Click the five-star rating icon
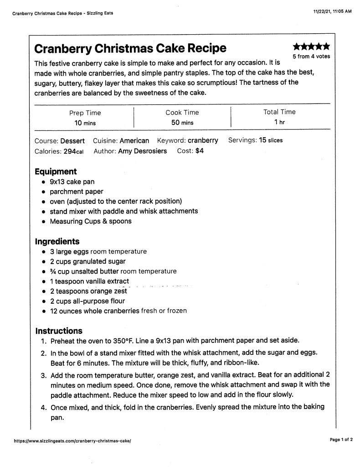(x=311, y=47)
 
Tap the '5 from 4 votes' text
(x=311, y=57)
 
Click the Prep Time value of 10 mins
(x=85, y=123)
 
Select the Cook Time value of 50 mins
(x=182, y=123)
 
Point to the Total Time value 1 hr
(x=279, y=122)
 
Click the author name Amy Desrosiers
(x=142, y=151)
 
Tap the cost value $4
(x=200, y=151)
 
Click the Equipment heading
(x=56, y=171)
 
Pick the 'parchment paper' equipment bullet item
(x=77, y=192)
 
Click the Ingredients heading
(x=57, y=242)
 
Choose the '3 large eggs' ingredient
(x=69, y=251)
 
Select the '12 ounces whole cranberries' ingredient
(x=94, y=311)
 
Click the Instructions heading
(x=59, y=331)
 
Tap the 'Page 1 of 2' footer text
(x=341, y=440)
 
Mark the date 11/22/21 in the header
(x=323, y=12)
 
